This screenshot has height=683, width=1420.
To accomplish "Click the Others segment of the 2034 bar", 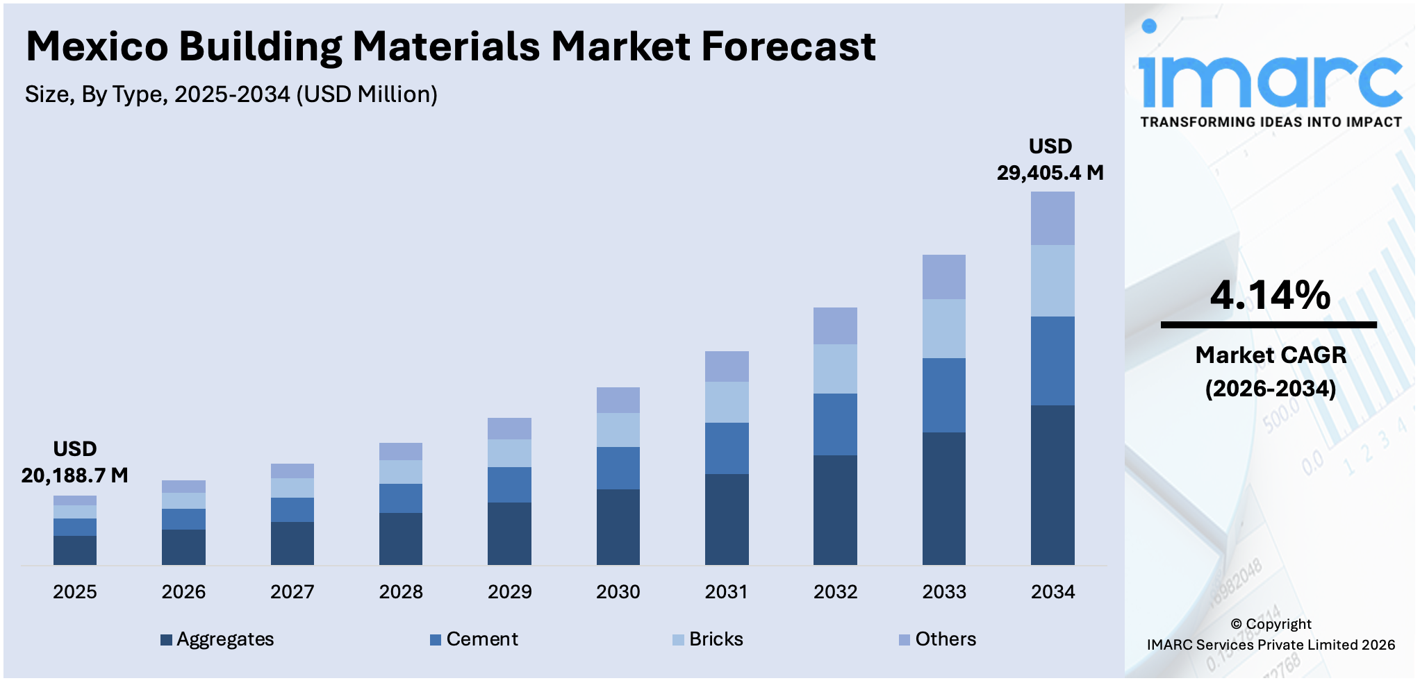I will tap(1052, 218).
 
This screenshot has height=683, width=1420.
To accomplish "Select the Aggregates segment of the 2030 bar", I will tap(618, 527).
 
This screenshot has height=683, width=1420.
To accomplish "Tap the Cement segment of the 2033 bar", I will tap(943, 395).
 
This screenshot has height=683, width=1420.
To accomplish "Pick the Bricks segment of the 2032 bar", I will tap(835, 369).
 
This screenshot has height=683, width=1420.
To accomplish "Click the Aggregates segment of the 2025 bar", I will tap(75, 550).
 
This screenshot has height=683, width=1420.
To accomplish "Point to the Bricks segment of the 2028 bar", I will tap(401, 472).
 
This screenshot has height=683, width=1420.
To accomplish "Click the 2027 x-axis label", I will tap(292, 592).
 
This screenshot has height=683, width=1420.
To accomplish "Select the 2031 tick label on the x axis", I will tap(727, 592).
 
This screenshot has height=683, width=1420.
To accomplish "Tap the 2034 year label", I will tap(1052, 592).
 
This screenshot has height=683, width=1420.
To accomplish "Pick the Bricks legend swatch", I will tap(678, 640).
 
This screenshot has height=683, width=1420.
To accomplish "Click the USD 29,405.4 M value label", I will tap(1050, 160).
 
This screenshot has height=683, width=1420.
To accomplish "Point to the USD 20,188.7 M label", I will tap(75, 462).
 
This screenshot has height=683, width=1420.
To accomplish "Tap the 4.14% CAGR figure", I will tap(1270, 295).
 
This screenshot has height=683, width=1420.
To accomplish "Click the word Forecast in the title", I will tap(788, 47).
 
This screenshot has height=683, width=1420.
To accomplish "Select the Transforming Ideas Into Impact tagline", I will tap(1271, 122).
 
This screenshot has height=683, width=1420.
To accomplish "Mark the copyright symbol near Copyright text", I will tap(1236, 624).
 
